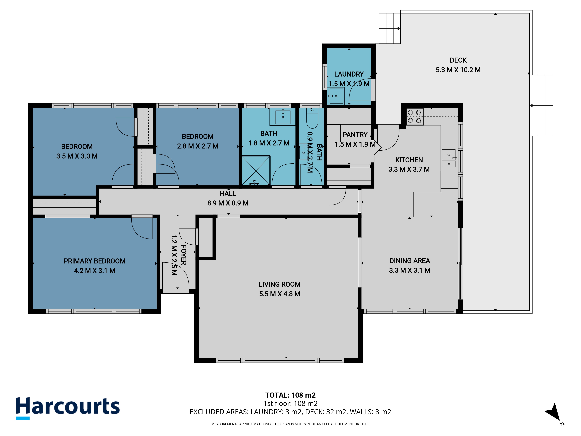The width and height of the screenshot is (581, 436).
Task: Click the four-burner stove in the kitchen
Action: click(x=415, y=116)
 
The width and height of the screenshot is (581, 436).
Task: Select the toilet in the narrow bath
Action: click(x=312, y=118)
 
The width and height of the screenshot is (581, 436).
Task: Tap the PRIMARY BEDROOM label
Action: click(x=95, y=261)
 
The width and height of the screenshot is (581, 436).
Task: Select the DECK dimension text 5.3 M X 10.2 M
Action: click(x=458, y=70)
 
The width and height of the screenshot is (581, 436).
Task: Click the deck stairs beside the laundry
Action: click(x=390, y=28)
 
